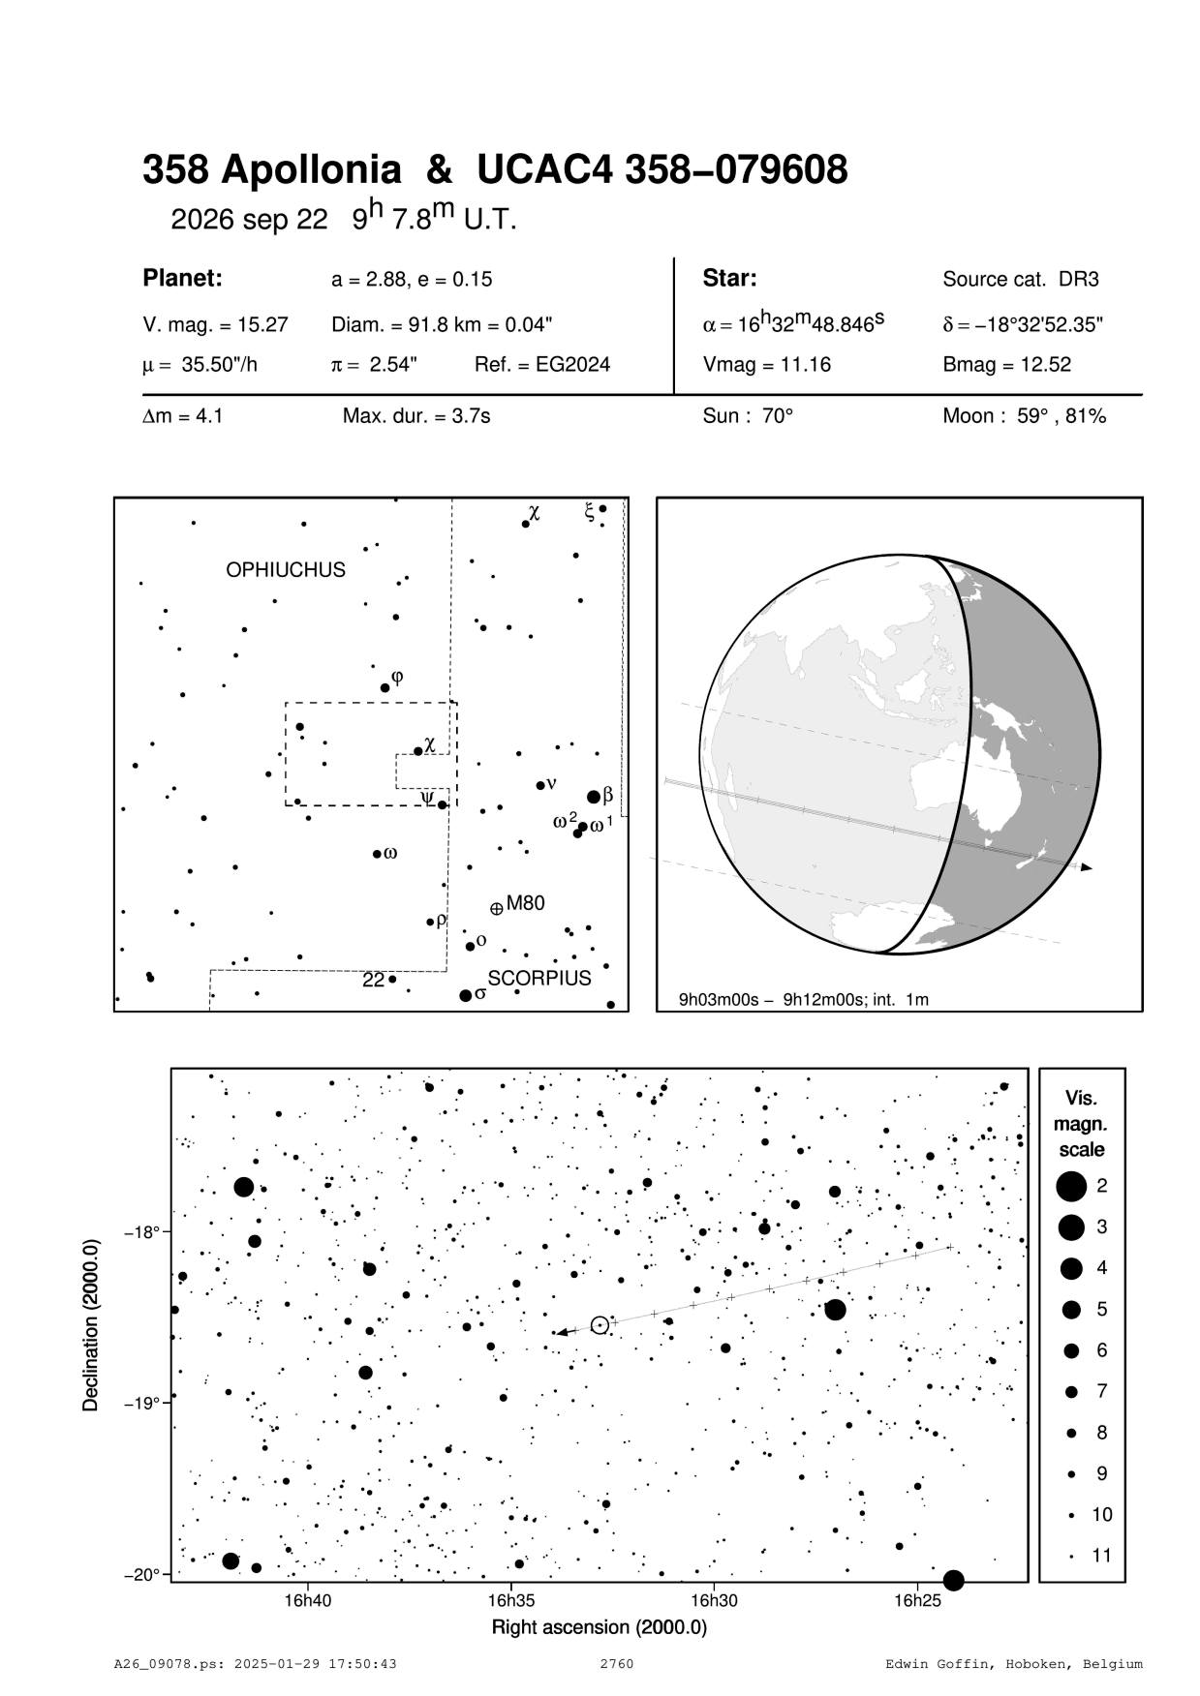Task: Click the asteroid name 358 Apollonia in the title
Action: (x=271, y=170)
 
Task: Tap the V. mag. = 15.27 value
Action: (x=215, y=325)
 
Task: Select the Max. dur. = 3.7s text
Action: (x=416, y=416)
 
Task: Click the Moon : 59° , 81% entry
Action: (x=1024, y=416)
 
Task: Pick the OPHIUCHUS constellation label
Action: (x=286, y=570)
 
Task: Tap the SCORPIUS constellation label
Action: (x=539, y=979)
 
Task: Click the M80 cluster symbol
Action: (x=497, y=908)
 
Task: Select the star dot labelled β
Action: (x=594, y=797)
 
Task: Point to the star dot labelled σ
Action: (x=466, y=995)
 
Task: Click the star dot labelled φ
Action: (x=385, y=687)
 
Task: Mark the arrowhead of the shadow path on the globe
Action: (x=1087, y=867)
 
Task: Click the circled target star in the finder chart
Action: (x=600, y=1325)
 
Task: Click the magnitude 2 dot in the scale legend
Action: (x=1071, y=1185)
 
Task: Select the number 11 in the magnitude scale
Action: (x=1102, y=1556)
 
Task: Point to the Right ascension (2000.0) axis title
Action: (x=600, y=1627)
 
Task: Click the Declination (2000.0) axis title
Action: (x=92, y=1326)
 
